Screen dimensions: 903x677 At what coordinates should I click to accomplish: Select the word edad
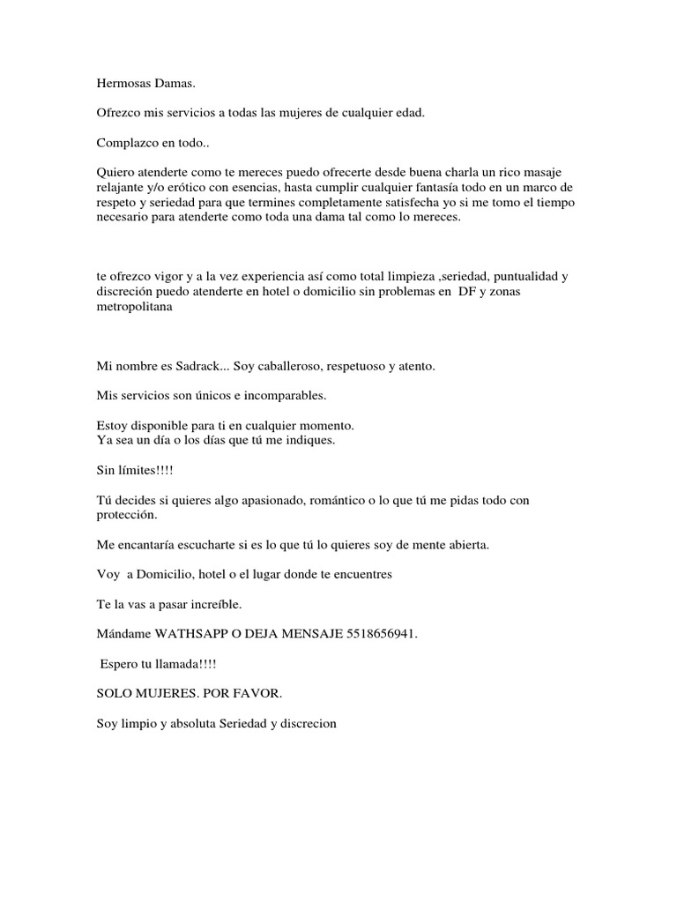tap(410, 113)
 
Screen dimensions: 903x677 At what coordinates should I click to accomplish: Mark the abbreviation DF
tap(466, 291)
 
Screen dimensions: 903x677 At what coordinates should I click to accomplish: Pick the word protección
tap(127, 515)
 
